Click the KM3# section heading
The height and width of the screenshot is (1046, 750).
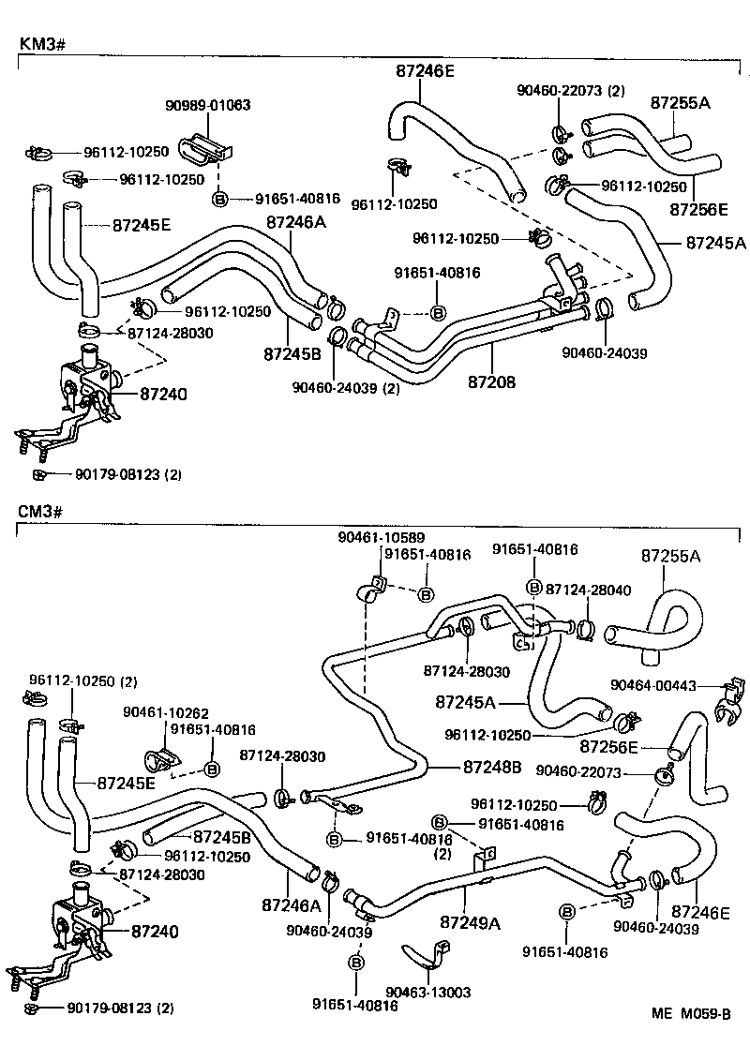(41, 43)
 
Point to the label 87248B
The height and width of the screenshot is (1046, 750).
(491, 767)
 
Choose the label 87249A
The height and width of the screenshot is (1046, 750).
(471, 922)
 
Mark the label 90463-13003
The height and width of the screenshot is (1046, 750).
(428, 993)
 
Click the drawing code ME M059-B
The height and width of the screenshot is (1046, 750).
(691, 1014)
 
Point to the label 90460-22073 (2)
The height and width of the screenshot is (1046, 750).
(570, 91)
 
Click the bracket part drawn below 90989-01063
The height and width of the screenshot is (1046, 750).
(211, 147)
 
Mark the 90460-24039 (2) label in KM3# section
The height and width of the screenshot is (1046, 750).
(345, 387)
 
